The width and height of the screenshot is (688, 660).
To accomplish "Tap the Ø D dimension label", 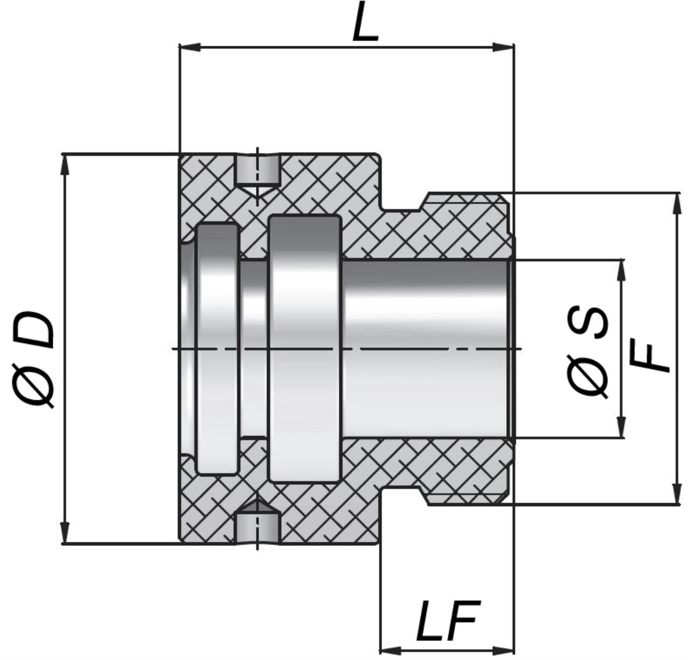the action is tap(34, 360).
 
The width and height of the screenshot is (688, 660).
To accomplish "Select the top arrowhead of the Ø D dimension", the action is tap(65, 165).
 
